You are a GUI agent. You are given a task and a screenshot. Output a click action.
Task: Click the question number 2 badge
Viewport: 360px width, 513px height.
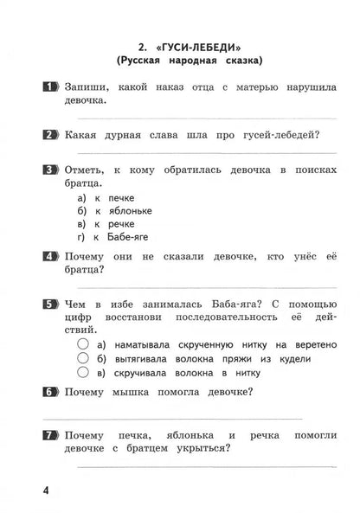(48, 134)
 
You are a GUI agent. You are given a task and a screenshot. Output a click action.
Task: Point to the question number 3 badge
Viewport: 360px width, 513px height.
(48, 168)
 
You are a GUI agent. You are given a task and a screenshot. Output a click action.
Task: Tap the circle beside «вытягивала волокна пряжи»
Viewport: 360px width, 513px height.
(83, 359)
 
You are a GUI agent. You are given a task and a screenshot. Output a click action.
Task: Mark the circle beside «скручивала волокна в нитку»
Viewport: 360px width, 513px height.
(83, 373)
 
